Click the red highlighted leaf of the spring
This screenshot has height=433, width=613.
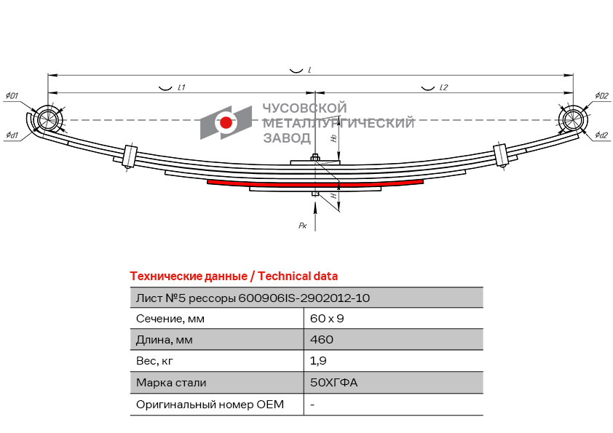click(315, 183)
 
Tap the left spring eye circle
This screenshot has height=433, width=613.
click(48, 119)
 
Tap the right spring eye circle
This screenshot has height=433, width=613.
click(573, 119)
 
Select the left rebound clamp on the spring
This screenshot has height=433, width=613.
click(130, 156)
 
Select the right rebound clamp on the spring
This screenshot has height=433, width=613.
click(501, 155)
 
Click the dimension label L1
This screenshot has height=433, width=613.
click(181, 87)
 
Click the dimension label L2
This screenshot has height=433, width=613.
click(443, 87)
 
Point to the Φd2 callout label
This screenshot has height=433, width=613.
click(601, 135)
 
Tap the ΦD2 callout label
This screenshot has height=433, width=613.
click(601, 95)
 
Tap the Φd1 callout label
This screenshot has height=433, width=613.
click(12, 135)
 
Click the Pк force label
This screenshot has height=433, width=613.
click(303, 226)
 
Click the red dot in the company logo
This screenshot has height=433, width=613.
click(226, 123)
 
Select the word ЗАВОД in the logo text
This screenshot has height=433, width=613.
click(287, 138)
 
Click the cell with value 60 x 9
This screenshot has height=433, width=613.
click(327, 319)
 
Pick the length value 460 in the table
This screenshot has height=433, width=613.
click(322, 339)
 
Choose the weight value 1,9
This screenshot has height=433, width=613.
click(318, 361)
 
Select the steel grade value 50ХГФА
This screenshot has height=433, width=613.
click(334, 382)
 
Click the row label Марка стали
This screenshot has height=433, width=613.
click(171, 383)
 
